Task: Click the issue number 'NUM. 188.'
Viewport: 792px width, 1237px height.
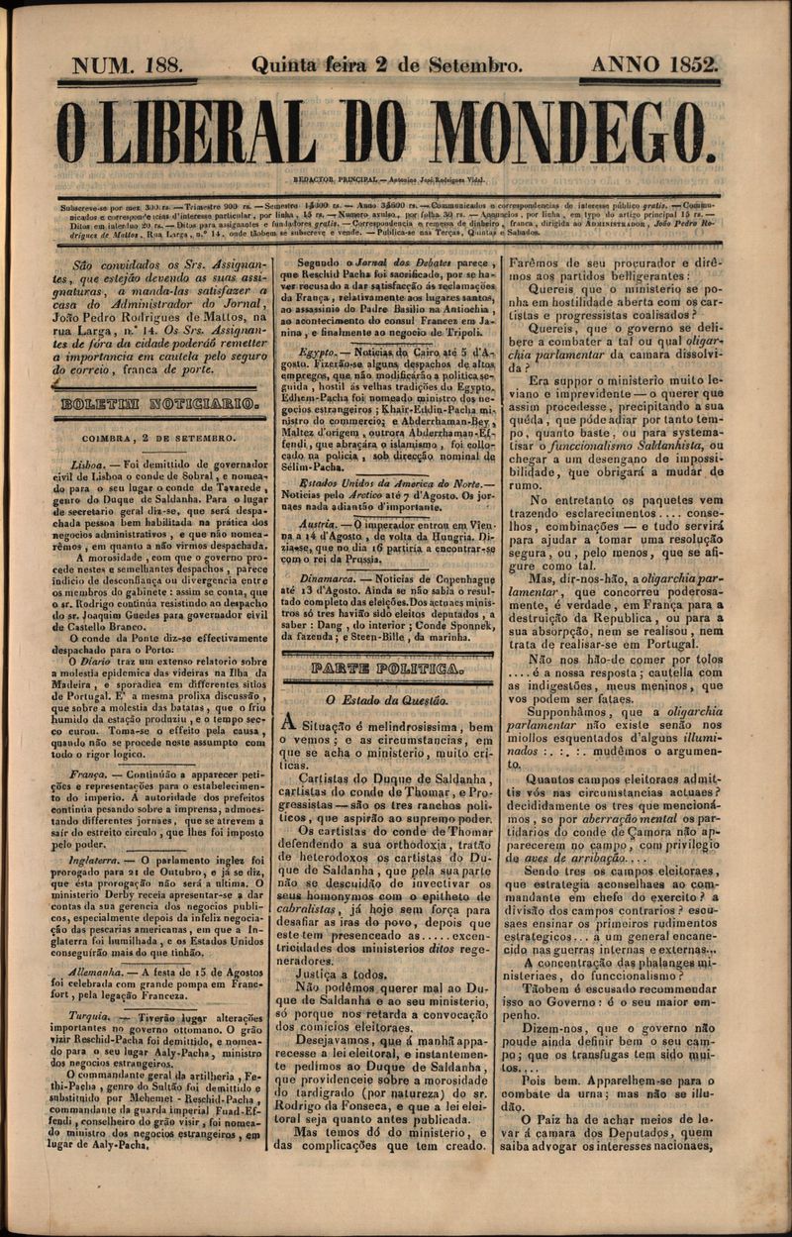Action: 134,65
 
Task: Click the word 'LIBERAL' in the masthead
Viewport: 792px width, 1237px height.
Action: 210,134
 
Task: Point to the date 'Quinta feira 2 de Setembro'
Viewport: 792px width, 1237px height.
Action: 387,66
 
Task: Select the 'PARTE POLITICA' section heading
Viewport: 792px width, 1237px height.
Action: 385,670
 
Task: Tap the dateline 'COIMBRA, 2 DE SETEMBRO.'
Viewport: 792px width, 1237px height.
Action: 158,437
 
